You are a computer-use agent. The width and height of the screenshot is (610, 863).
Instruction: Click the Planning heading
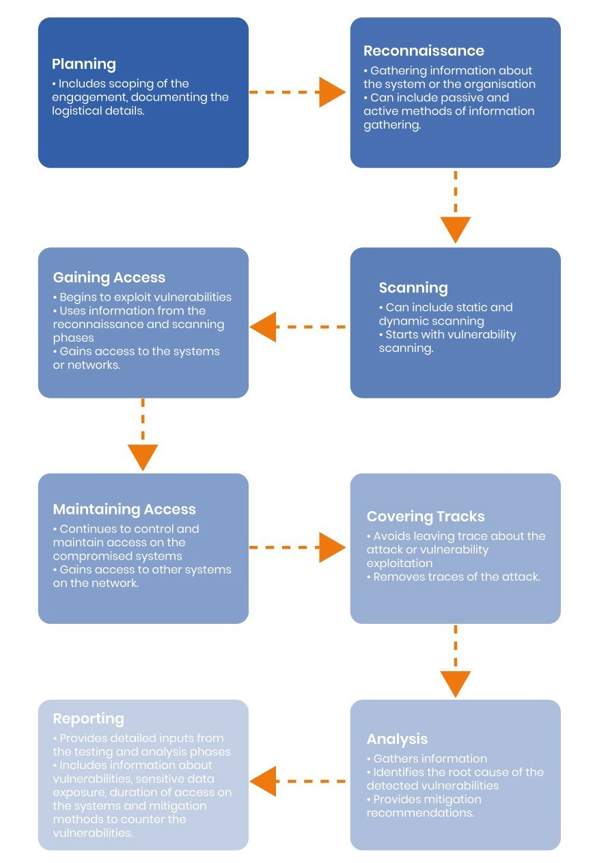pos(84,64)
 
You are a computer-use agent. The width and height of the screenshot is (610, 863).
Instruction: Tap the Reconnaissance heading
pos(424,51)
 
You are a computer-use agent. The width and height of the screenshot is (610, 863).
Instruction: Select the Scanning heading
pos(413,288)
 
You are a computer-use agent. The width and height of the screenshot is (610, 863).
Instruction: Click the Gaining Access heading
pos(109,277)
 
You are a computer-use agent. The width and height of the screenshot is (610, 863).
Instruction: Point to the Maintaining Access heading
pos(124,509)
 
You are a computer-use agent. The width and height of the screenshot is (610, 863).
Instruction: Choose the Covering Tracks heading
pos(426,517)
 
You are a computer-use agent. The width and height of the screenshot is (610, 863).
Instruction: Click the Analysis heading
pos(397,739)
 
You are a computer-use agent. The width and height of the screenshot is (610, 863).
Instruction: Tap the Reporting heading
pos(88,718)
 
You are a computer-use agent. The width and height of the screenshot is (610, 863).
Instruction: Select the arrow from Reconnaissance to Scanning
pos(454,208)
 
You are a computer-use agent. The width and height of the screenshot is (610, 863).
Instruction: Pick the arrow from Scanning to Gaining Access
pos(299,327)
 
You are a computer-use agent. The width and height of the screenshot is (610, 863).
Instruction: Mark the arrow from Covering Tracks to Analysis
pos(455,663)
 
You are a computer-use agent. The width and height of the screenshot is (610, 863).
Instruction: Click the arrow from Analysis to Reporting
pos(299,781)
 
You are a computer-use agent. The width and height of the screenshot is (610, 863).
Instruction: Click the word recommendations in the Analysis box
pos(419,813)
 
